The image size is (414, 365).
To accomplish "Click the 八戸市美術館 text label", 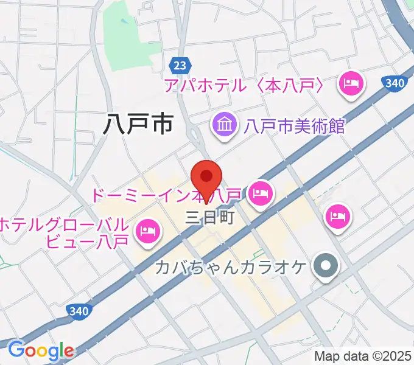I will pos(294,127).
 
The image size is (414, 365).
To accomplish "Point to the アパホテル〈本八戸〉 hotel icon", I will pos(351,85).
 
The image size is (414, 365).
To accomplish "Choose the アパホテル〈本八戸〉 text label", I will pos(247,86).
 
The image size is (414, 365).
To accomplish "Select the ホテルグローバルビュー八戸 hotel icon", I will pos(147,231).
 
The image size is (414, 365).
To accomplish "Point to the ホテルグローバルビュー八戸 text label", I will pos(64,232).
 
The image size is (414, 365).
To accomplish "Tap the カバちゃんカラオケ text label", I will pos(230,266).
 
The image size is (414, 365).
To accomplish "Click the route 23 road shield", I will pos(179,65).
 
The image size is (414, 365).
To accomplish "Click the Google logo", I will pos(40,351).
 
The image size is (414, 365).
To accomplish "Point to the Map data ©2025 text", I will pos(362,356).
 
